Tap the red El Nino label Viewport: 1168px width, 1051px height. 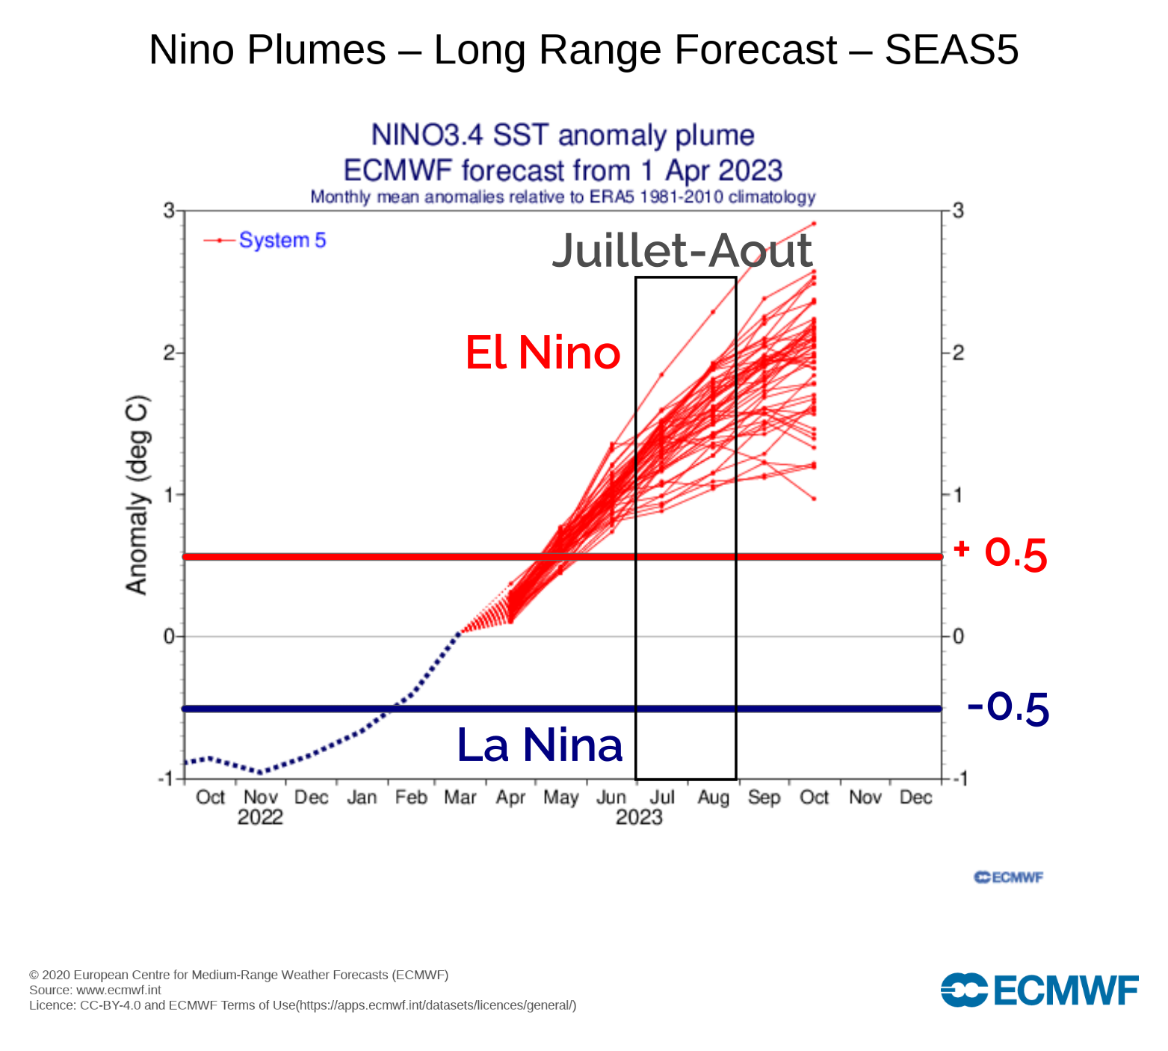point(543,353)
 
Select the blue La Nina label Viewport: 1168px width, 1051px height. point(540,745)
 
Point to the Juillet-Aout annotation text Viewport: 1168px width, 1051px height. point(682,250)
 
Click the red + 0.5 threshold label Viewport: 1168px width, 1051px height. point(1001,554)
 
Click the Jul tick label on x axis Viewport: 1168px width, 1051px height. point(662,798)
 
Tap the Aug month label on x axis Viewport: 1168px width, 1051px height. point(713,798)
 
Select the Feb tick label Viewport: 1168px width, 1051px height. point(411,798)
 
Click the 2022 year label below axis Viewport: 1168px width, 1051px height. point(260,817)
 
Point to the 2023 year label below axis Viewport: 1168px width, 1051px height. point(639,817)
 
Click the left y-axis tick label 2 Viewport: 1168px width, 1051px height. point(169,353)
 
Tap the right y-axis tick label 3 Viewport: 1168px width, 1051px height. point(958,211)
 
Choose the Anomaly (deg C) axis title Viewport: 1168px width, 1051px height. point(137,495)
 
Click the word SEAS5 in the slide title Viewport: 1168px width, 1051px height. point(951,50)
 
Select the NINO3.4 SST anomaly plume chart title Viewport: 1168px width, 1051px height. point(563,135)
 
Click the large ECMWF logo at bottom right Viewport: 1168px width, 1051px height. point(1039,990)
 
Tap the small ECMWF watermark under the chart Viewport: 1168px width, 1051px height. point(1008,878)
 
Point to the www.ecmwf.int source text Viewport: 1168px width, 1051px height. point(119,990)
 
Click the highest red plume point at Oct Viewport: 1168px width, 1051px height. point(814,224)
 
